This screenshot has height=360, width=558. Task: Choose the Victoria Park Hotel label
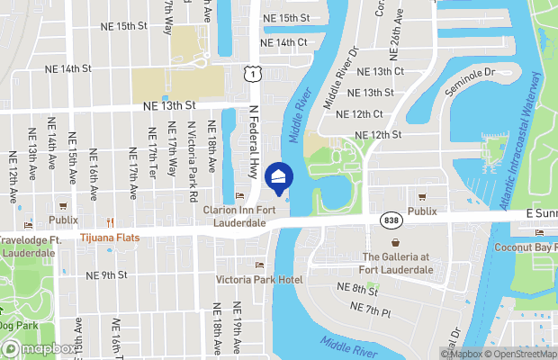259,280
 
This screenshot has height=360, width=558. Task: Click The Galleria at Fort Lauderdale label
397,262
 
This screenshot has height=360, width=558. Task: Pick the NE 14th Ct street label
283,42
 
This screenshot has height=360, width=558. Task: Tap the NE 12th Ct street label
359,113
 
